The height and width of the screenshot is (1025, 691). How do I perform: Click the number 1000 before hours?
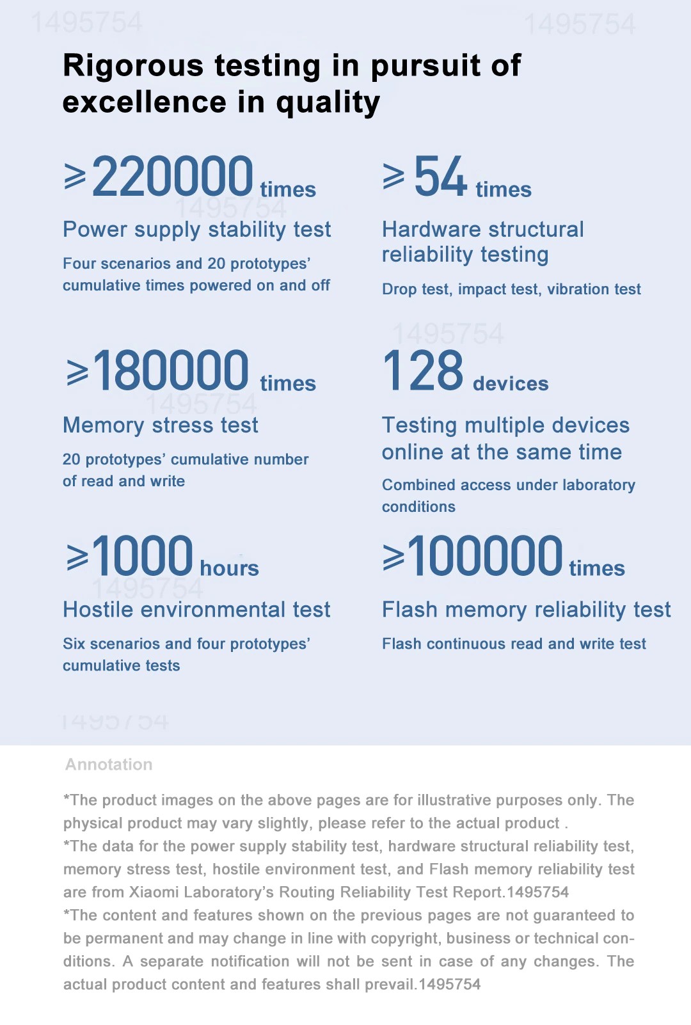coord(142,555)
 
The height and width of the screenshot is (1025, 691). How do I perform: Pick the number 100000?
coord(485,555)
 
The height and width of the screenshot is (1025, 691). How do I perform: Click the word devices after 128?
coord(511,383)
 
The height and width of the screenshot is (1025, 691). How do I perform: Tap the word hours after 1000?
coord(229,568)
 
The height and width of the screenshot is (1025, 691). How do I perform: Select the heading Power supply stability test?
coord(196,229)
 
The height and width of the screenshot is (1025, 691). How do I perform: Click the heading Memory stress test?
coord(160,425)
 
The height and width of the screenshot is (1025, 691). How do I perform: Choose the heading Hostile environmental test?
coord(196,609)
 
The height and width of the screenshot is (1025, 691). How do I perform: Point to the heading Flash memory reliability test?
coord(526,609)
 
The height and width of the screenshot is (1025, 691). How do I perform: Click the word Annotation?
coord(109,764)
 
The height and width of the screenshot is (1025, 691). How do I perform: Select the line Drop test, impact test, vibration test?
coord(511,289)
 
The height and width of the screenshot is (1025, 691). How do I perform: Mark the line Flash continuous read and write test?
coord(514,644)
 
